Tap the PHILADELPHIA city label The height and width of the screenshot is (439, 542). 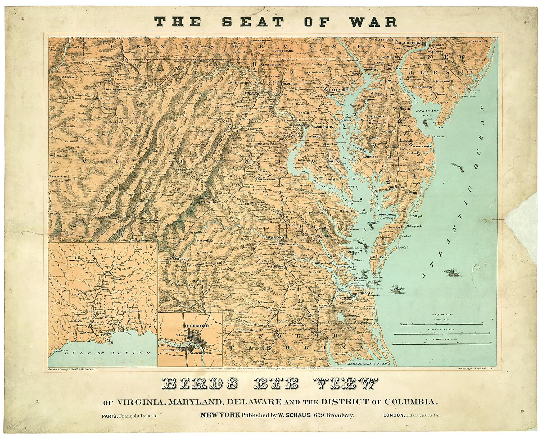coord(407,43)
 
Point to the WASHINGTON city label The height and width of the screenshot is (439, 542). coord(323,127)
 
